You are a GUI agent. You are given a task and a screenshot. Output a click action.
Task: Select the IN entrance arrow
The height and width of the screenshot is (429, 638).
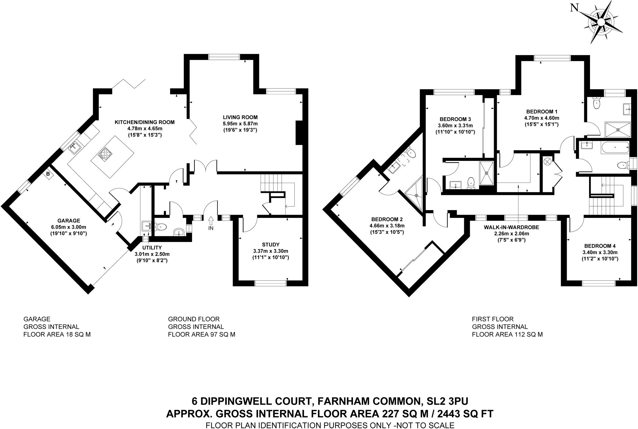click(x=211, y=222)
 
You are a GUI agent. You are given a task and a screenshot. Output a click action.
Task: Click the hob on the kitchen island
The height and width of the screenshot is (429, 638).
click(x=105, y=154)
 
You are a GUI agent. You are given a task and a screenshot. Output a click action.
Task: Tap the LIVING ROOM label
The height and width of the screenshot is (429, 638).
click(x=240, y=117)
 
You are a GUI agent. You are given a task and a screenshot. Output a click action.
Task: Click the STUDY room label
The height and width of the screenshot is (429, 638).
click(x=271, y=244)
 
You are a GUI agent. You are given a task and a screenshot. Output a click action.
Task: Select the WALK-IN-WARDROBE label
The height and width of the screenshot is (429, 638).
click(x=511, y=227)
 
